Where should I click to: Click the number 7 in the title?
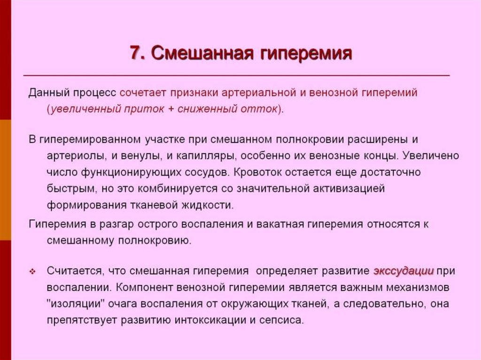pyautogui.click(x=135, y=53)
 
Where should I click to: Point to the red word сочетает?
pyautogui.click(x=142, y=92)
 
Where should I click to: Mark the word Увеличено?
pyautogui.click(x=432, y=156)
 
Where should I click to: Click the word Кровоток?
pyautogui.click(x=259, y=172)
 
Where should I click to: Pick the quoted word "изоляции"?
pyautogui.click(x=75, y=304)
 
